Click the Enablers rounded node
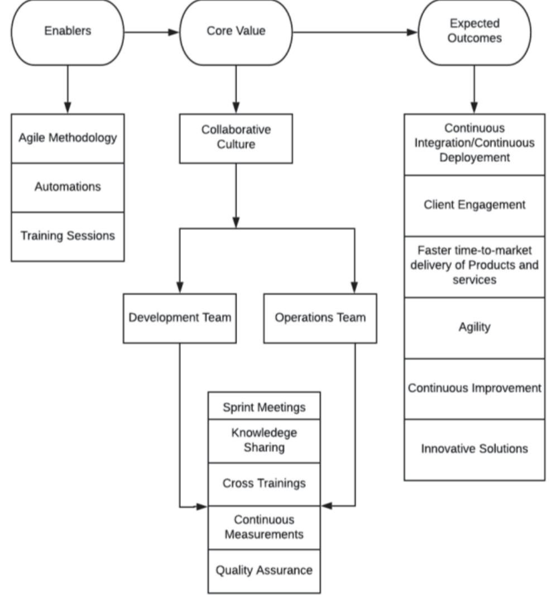coord(68,31)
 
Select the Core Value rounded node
coord(236,31)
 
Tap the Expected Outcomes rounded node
coord(475,31)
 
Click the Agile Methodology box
coord(68,138)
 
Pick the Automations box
coord(68,187)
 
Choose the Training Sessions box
coord(68,236)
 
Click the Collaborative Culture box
coord(236,138)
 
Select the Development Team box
coord(180,318)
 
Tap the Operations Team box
coord(320,318)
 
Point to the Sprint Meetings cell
coord(264,407)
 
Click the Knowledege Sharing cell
coord(264,440)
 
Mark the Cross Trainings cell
coord(264,483)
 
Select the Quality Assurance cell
coord(264,571)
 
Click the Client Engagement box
coord(475,205)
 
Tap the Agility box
coord(475,327)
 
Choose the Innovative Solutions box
coord(475,449)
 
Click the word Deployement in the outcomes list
coord(475,158)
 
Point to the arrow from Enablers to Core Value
coord(151,32)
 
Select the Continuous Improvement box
coord(475,388)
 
